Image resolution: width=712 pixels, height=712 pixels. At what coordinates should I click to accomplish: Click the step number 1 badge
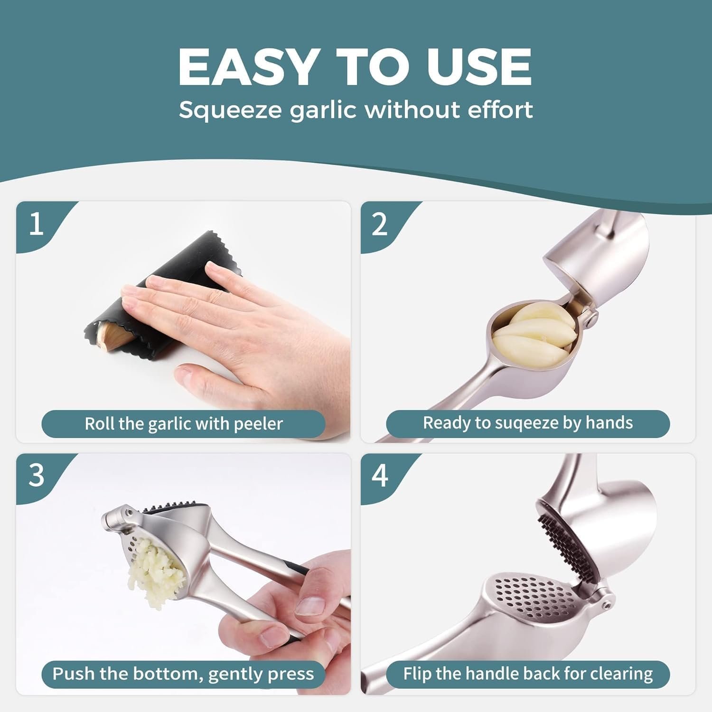(37, 224)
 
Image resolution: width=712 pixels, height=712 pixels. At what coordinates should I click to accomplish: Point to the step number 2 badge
(380, 224)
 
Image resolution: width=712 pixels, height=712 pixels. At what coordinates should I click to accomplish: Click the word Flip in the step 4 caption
(416, 674)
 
